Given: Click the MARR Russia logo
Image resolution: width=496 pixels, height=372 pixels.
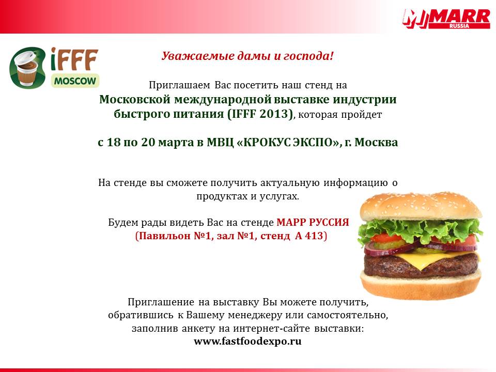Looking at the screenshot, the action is pyautogui.click(x=446, y=19).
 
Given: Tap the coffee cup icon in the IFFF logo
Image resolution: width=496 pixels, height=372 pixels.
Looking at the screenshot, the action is pyautogui.click(x=27, y=68).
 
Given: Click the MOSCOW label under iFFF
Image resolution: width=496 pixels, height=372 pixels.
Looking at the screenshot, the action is pyautogui.click(x=75, y=81).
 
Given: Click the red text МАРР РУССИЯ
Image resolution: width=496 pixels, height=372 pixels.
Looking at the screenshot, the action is pyautogui.click(x=313, y=222).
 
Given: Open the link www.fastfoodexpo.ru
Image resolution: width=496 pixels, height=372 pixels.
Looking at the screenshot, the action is pyautogui.click(x=247, y=342).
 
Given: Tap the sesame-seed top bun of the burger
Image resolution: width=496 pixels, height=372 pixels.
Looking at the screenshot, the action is pyautogui.click(x=421, y=206).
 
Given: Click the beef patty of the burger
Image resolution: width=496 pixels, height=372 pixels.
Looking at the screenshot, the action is pyautogui.click(x=421, y=265).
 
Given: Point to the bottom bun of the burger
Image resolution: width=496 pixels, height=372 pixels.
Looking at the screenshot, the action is pyautogui.click(x=421, y=286).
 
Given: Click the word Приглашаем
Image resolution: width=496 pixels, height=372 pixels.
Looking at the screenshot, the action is pyautogui.click(x=179, y=85).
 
